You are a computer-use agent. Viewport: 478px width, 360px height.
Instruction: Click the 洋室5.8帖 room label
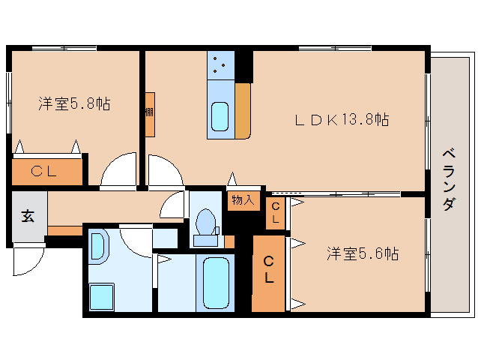coord(74,103)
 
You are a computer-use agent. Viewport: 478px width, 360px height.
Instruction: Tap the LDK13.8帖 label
coord(342,119)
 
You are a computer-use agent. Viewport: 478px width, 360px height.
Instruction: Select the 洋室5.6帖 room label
coord(363,253)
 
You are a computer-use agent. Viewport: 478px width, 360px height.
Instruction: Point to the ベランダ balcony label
coord(449,180)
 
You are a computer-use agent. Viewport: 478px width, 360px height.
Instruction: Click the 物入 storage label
coord(243,200)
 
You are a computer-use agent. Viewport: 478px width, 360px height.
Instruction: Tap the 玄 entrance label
coord(28,216)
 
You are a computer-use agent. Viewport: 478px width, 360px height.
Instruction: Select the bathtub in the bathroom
coord(216,283)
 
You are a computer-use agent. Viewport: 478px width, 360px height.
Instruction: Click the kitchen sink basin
coord(220,116)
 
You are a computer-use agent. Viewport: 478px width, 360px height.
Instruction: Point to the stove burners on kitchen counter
coord(220,64)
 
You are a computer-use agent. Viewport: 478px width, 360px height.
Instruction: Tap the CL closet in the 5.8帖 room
coord(47,172)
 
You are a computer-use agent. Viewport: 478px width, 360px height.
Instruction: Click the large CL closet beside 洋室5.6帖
coord(268,274)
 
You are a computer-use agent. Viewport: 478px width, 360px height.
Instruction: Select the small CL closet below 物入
coord(275,213)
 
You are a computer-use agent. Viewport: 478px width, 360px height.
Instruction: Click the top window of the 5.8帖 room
coord(64,48)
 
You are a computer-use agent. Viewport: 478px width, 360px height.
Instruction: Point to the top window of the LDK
coord(335,48)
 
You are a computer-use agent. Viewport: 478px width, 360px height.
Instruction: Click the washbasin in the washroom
coord(98,247)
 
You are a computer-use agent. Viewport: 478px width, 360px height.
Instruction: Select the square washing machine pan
coord(102,297)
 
